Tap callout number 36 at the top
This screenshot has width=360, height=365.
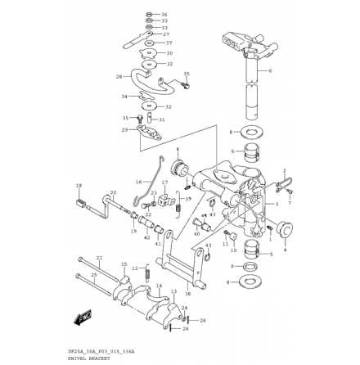coord(164,15)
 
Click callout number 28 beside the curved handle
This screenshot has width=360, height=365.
coord(119,77)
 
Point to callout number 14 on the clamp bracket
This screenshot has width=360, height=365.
coord(159,287)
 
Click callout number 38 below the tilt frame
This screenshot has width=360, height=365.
coord(187,292)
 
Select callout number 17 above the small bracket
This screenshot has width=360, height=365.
coord(164,183)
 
